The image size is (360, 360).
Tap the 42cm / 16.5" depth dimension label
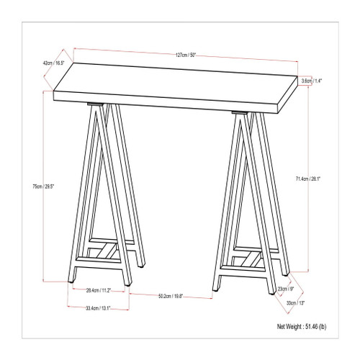click(52, 63)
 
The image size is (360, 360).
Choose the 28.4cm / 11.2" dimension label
click(96, 292)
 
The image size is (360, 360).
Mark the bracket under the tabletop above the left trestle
click(93, 105)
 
